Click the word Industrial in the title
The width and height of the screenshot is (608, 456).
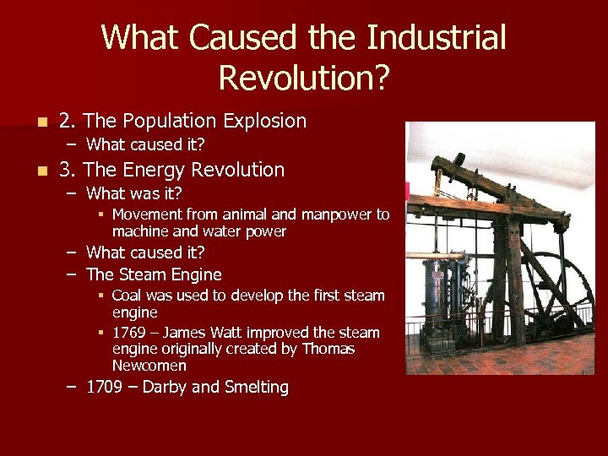[x=437, y=39]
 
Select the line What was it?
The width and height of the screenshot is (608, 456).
[x=134, y=193]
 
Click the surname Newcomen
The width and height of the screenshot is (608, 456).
[x=149, y=366]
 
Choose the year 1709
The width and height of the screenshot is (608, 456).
[x=106, y=388]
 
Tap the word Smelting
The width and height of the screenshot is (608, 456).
[x=256, y=388]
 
